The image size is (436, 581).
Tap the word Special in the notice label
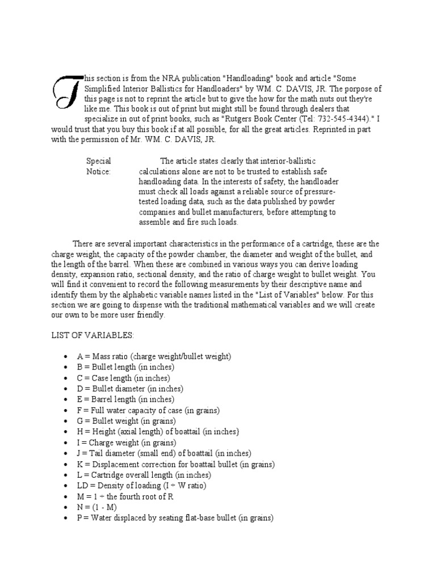click(x=98, y=161)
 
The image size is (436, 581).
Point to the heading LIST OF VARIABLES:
click(x=93, y=335)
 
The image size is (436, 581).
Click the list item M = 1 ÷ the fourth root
click(x=133, y=496)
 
